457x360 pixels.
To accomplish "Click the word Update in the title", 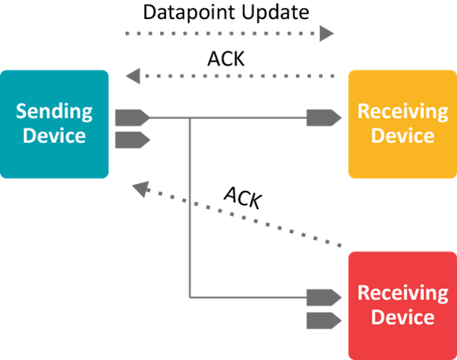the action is pyautogui.click(x=275, y=12).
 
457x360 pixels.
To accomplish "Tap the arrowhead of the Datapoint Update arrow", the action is pyautogui.click(x=327, y=33).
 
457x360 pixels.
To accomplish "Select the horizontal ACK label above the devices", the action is pyautogui.click(x=226, y=58).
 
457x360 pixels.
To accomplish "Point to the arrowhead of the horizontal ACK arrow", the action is pyautogui.click(x=133, y=76).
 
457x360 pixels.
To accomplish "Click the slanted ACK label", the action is pyautogui.click(x=243, y=197).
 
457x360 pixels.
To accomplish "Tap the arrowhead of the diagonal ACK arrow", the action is pyautogui.click(x=141, y=189).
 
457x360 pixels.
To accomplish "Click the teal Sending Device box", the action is pyautogui.click(x=54, y=124).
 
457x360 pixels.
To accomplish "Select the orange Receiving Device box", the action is pyautogui.click(x=403, y=124).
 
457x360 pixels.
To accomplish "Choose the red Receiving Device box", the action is pyautogui.click(x=403, y=306).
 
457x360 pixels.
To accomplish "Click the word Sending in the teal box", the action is pyautogui.click(x=54, y=112).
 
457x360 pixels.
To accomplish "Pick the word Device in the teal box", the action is pyautogui.click(x=54, y=135).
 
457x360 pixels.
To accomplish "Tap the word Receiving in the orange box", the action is pyautogui.click(x=403, y=112).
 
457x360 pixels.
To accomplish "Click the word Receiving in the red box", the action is pyautogui.click(x=403, y=293).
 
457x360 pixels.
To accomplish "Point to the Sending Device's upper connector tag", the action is pyautogui.click(x=133, y=118).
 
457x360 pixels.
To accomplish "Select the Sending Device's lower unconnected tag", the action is pyautogui.click(x=133, y=140).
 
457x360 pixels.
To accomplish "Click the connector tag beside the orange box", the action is pyautogui.click(x=324, y=118).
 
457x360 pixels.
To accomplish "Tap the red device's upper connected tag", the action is pyautogui.click(x=324, y=298).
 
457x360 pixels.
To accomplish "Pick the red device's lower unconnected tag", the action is pyautogui.click(x=324, y=321).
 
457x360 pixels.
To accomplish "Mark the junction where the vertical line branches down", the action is pyautogui.click(x=190, y=118).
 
